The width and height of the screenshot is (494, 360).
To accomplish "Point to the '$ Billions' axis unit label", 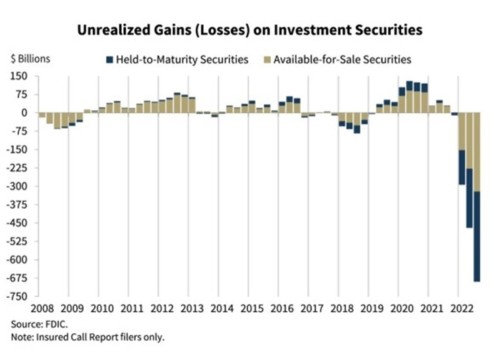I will click(31, 60).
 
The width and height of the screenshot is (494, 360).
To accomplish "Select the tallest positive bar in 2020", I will click(410, 97).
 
